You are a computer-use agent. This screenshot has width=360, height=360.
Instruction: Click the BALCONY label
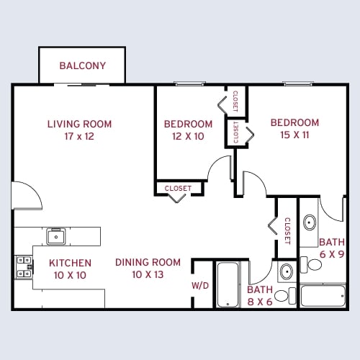(x=83, y=66)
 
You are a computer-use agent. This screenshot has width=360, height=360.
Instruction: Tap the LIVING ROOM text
(x=80, y=124)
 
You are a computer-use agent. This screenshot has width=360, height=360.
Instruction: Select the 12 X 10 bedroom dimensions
(x=188, y=136)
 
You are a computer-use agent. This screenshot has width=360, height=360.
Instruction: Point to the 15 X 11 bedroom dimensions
(x=294, y=135)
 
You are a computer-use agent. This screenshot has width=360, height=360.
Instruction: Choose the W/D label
(x=200, y=286)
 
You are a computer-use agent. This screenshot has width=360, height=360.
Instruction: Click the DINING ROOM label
(x=148, y=262)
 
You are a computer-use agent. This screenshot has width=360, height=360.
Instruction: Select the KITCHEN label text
(x=70, y=263)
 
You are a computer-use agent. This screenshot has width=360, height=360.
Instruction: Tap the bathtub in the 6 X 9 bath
(x=323, y=296)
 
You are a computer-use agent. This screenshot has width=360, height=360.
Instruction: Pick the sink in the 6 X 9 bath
(x=310, y=222)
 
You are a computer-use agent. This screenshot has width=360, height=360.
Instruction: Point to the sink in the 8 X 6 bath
(x=285, y=271)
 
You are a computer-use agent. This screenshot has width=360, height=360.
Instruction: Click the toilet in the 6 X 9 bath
(x=314, y=264)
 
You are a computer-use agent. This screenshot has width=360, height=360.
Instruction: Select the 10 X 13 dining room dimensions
(x=148, y=275)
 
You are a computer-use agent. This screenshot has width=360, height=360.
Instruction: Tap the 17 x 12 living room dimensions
(x=80, y=136)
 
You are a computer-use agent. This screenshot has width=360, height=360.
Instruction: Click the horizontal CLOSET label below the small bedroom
(x=178, y=189)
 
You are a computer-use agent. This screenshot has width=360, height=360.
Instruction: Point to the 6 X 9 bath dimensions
(x=332, y=254)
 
